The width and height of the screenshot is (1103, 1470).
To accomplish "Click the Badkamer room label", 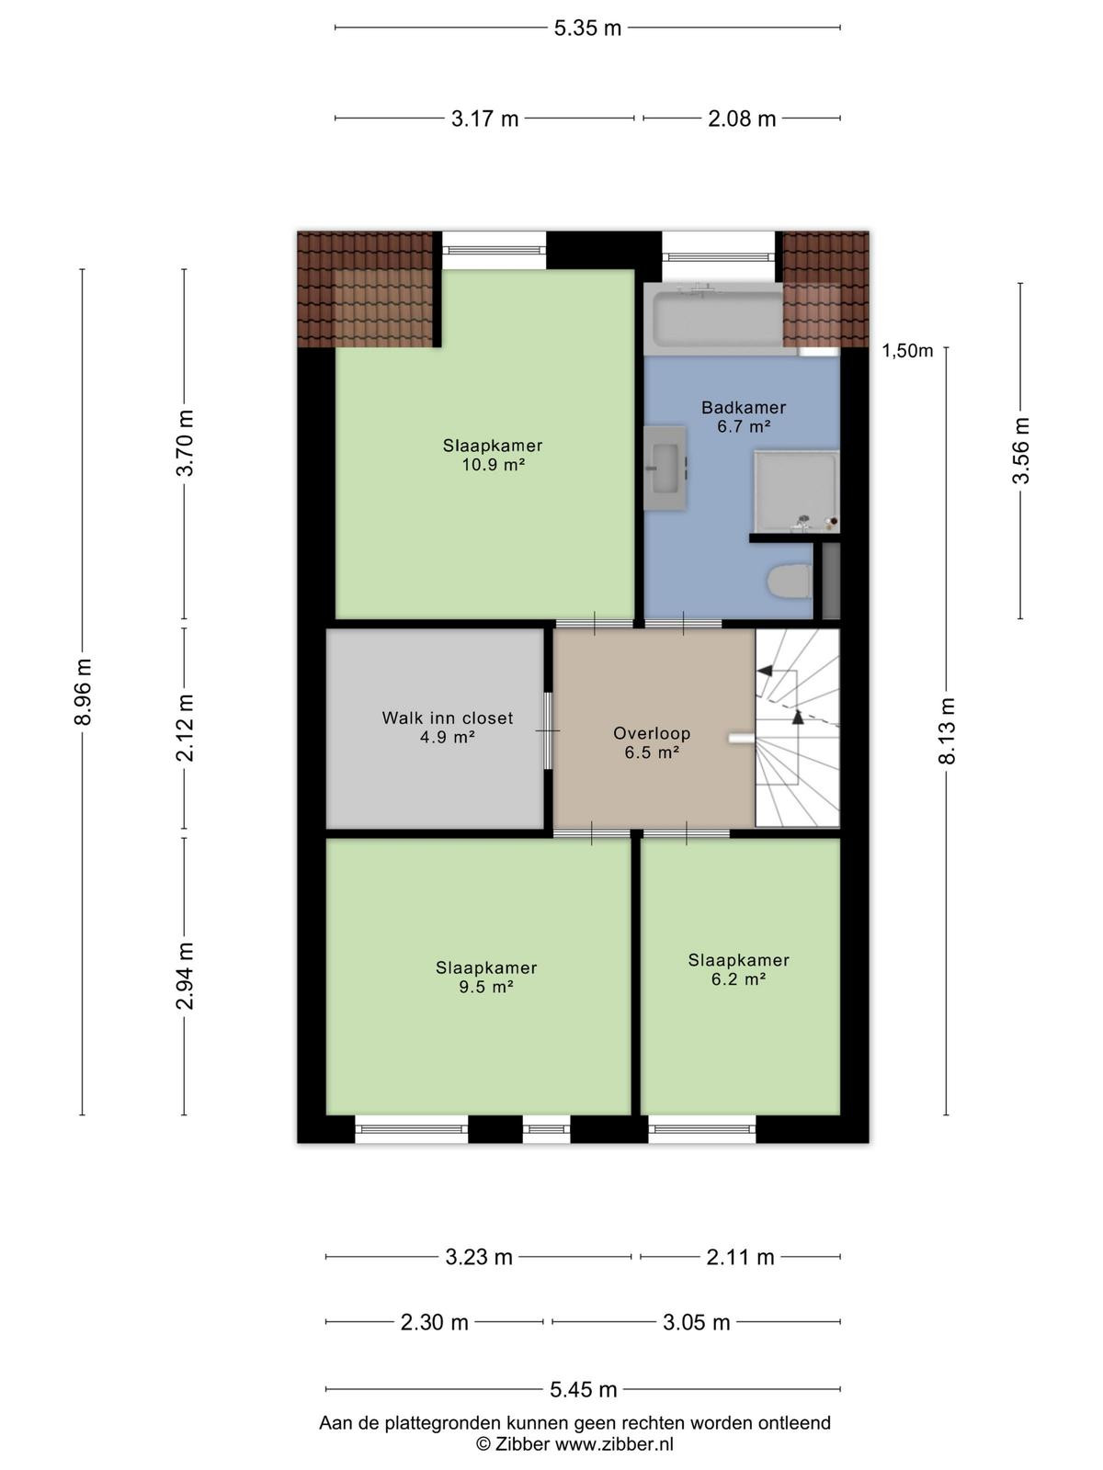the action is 744,407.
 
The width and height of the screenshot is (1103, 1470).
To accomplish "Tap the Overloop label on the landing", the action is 652,733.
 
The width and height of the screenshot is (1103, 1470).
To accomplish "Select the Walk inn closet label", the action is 448,718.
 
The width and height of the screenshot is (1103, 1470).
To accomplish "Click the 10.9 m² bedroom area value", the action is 493,464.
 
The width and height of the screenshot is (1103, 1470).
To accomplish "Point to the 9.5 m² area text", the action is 486,987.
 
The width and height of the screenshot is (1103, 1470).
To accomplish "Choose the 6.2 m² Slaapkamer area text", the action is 739,979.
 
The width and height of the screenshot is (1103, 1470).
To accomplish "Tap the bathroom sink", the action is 665,468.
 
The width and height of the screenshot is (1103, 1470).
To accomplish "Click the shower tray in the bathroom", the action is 796,492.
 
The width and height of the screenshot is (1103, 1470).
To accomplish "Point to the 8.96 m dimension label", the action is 83,692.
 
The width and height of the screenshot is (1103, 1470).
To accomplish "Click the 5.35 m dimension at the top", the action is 587,28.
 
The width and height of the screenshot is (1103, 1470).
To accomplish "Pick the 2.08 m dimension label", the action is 742,119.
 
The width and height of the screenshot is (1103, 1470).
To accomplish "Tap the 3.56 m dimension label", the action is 1020,450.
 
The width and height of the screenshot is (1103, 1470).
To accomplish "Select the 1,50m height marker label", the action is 907,351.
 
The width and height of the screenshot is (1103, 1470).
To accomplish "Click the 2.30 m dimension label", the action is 434,1322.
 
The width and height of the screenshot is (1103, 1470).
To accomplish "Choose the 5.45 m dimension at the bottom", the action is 584,1389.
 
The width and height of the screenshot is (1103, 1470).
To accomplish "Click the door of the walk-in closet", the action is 548,730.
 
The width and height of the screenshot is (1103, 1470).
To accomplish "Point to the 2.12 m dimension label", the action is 185,728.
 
